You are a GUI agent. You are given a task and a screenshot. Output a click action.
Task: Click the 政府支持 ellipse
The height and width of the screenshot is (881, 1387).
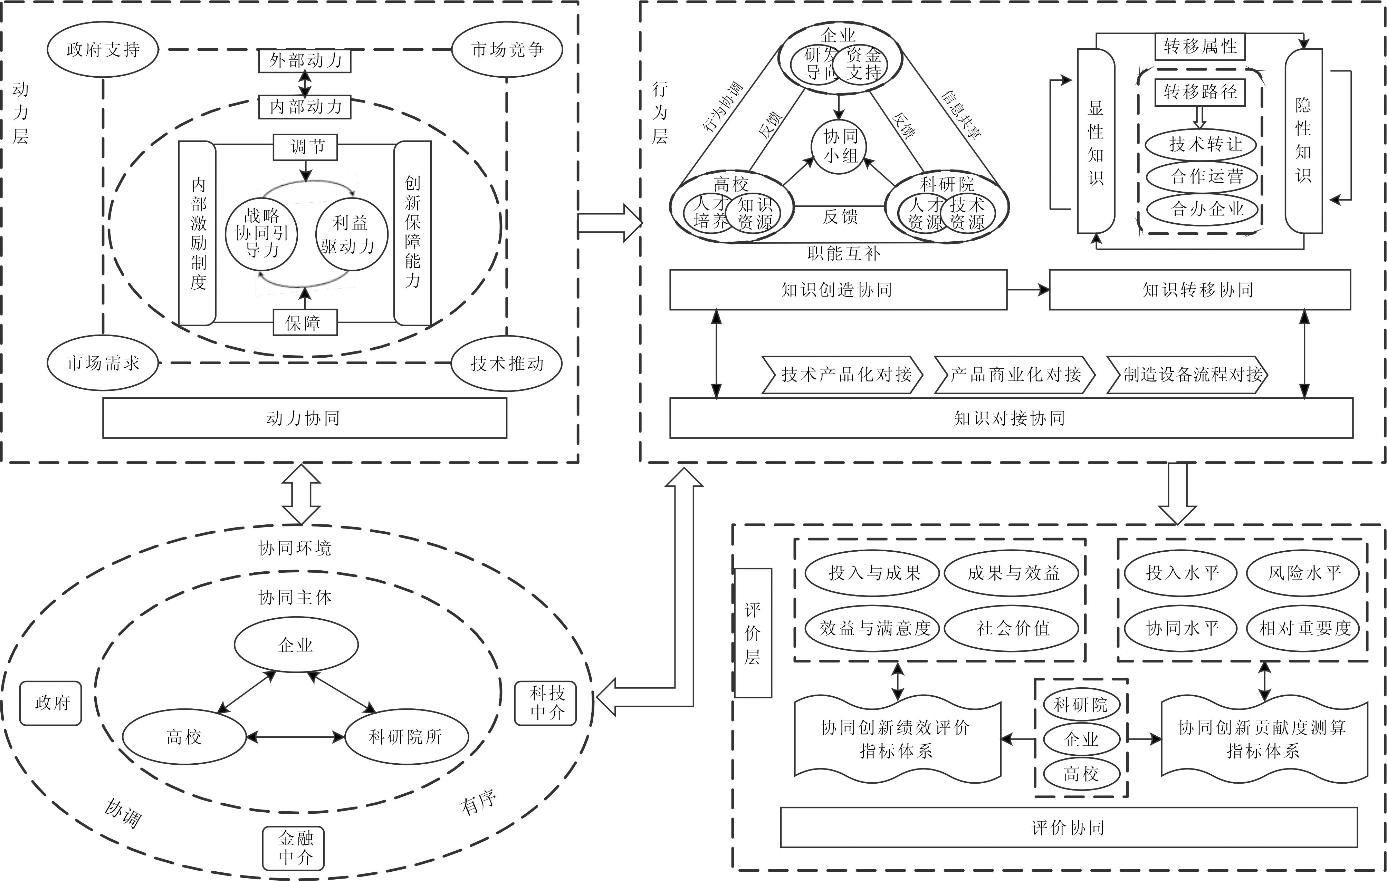click(103, 49)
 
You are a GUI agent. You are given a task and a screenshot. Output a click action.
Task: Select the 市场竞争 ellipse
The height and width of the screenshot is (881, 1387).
click(507, 49)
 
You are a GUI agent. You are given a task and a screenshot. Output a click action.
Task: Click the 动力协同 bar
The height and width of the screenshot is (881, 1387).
click(304, 418)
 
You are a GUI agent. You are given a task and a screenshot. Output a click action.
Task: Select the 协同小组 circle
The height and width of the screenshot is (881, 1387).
click(840, 146)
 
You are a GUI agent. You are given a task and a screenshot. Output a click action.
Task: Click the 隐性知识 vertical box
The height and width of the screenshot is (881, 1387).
click(1303, 141)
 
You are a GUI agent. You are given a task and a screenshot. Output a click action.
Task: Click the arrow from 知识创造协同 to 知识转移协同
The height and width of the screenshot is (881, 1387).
click(1028, 290)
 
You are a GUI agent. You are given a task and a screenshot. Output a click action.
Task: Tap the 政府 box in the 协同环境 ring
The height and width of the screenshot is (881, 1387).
click(51, 703)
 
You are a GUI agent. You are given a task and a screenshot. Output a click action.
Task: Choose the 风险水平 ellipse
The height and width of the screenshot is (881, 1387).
click(1303, 573)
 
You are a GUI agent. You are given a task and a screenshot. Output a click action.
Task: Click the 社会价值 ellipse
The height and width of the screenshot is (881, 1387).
click(1012, 628)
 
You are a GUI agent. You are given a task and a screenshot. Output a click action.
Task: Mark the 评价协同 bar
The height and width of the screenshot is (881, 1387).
click(1069, 827)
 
